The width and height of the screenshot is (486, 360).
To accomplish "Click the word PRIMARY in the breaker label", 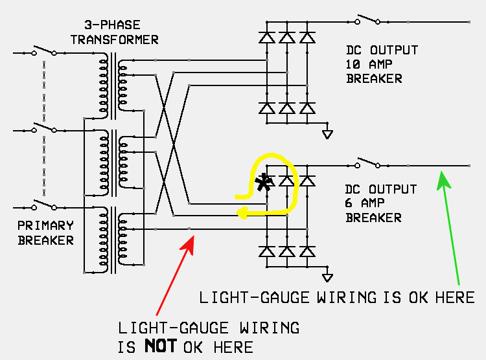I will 45,226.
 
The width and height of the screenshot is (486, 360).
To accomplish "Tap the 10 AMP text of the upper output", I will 371,64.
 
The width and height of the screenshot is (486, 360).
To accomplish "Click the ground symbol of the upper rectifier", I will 328,133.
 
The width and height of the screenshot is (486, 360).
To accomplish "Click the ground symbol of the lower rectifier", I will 328,276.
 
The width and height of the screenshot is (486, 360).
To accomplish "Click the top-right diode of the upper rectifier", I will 308,38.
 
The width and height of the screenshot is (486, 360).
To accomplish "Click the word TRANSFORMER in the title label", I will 114,39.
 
